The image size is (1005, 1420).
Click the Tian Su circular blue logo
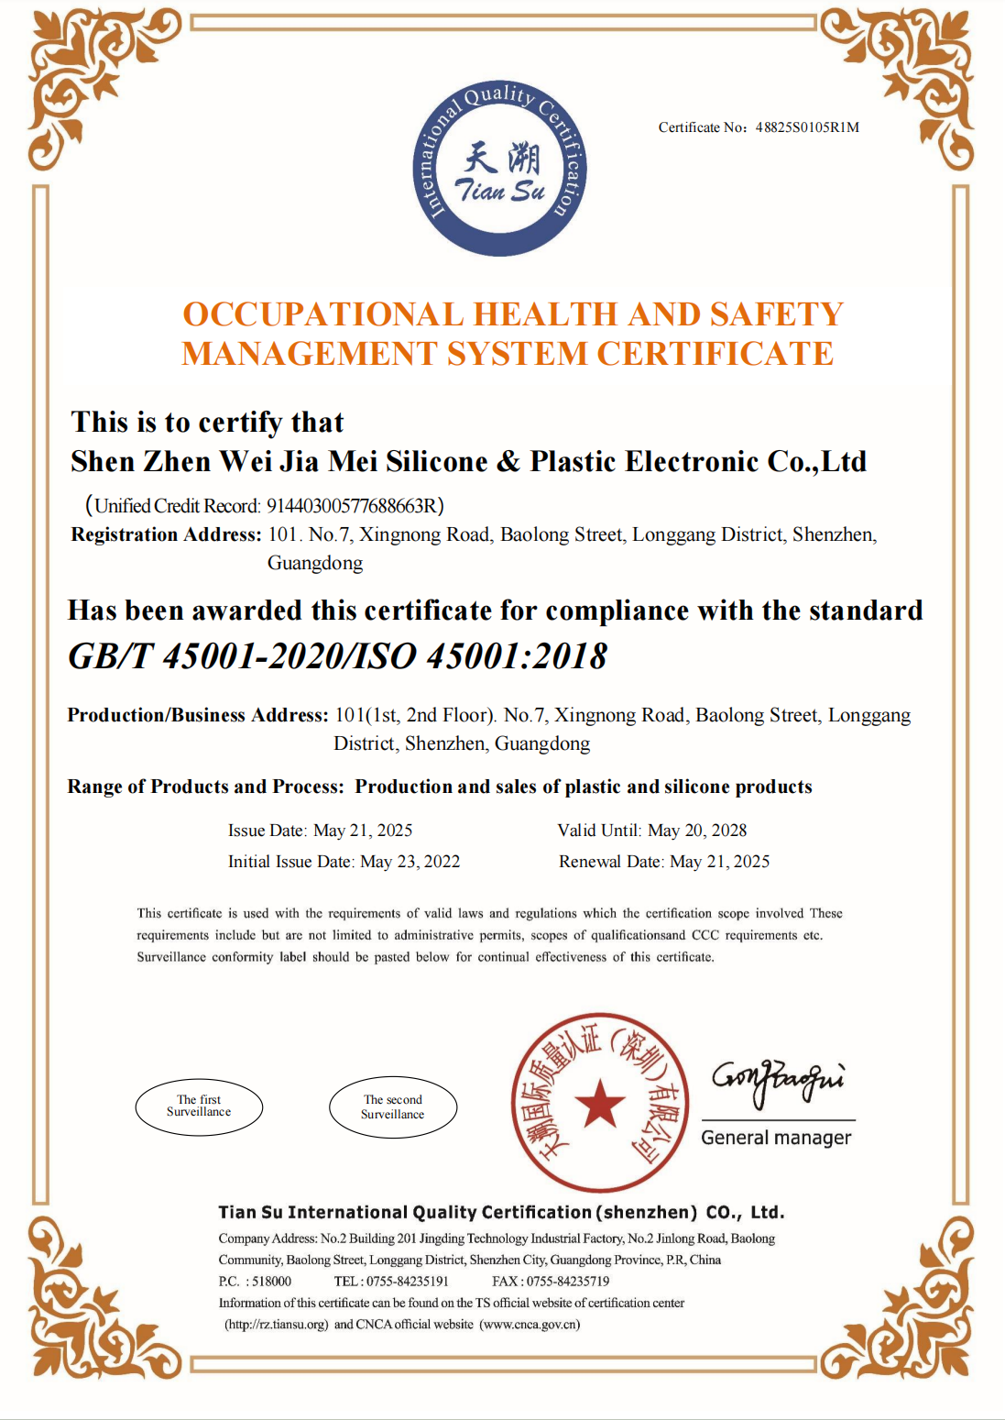(x=500, y=170)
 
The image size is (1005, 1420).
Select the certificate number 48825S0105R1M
(x=807, y=127)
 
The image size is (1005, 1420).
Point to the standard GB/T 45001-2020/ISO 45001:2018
(x=338, y=656)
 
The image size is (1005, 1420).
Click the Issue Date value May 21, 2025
(x=363, y=831)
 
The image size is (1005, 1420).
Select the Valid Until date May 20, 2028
(x=697, y=831)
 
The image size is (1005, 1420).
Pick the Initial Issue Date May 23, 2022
(x=410, y=862)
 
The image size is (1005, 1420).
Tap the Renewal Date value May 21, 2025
(x=719, y=862)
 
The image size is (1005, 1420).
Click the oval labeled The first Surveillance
(x=199, y=1106)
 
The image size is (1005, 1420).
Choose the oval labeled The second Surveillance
(x=392, y=1107)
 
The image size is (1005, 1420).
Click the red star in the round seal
(x=600, y=1102)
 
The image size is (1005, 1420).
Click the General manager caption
(x=776, y=1138)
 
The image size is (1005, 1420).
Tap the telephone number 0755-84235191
(x=408, y=1282)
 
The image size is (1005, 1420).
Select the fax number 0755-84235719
(x=567, y=1282)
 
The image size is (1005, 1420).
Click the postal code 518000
(x=271, y=1282)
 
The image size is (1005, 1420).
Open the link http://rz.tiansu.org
(x=277, y=1325)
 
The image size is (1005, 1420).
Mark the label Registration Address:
(x=166, y=535)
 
